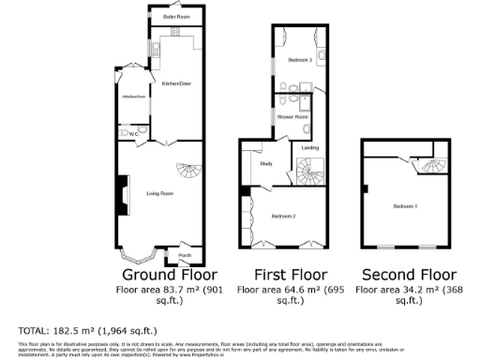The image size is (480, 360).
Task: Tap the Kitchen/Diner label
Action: (176, 84)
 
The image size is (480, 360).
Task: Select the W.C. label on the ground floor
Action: (133, 134)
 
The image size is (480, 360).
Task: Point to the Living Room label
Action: (160, 194)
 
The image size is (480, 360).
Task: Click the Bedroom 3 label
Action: (299, 60)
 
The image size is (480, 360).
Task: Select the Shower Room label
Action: (292, 117)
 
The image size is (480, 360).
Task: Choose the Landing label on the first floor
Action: (310, 147)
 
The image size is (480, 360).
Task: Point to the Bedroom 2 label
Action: (284, 217)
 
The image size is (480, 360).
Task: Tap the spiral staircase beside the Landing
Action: (310, 172)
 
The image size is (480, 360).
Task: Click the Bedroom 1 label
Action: (405, 205)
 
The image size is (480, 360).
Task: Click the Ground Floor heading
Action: (170, 276)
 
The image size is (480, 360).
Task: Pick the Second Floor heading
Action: (410, 276)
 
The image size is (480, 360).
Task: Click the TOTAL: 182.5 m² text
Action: (88, 331)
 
